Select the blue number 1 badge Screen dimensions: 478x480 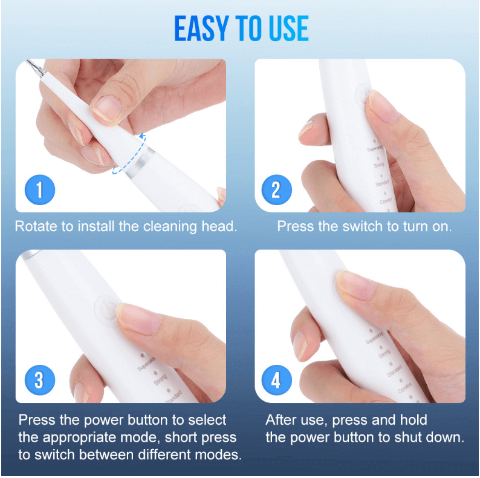tap(39, 191)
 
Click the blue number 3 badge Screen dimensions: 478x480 tap(39, 381)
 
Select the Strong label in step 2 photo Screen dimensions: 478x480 tap(379, 165)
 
